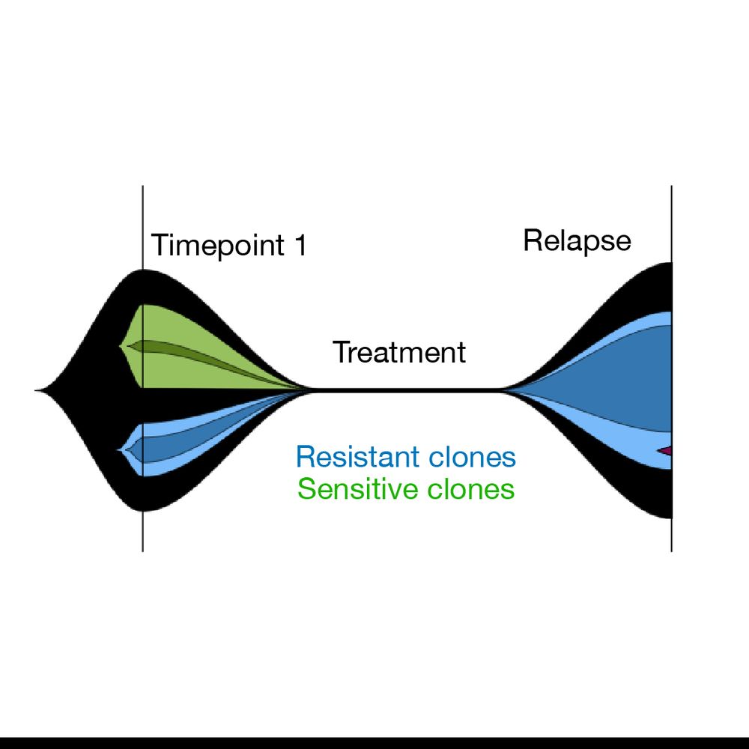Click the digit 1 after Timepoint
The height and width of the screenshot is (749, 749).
(x=300, y=246)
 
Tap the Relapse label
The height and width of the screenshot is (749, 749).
(x=577, y=241)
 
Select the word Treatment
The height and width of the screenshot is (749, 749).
(x=399, y=352)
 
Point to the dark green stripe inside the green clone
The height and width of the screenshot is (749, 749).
(x=187, y=353)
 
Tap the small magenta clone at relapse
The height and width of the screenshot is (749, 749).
(x=666, y=450)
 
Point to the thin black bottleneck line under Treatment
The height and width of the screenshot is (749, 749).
(x=404, y=390)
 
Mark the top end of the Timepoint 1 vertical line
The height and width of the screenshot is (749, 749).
(x=142, y=187)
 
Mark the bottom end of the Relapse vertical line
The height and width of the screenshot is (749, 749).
(x=671, y=551)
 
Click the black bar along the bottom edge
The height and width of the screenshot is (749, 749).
(x=374, y=743)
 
